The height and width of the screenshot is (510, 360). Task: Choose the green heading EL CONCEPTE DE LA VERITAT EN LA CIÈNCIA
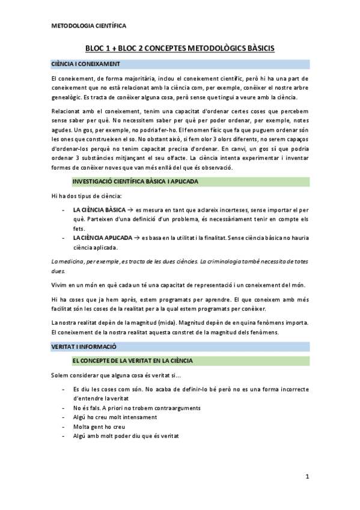(x=140, y=360)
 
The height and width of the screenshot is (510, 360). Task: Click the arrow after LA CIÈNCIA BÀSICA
(x=130, y=210)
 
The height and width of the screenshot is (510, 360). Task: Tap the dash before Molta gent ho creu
(x=64, y=426)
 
